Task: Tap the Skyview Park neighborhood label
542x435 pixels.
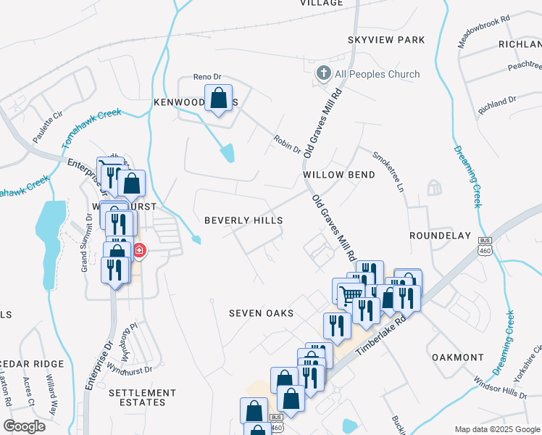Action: point(385,40)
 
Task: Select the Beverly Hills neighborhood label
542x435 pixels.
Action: point(243,220)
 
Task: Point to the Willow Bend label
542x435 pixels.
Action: point(339,175)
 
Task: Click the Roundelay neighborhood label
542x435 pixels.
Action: point(440,236)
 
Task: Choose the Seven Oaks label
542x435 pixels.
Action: point(261,313)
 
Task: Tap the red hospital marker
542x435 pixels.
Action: point(138,252)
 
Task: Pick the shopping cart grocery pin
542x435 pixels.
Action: point(351,294)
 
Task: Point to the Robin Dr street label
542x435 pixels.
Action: point(287,144)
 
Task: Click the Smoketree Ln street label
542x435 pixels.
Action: point(388,171)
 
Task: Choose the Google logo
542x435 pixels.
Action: point(25,426)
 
